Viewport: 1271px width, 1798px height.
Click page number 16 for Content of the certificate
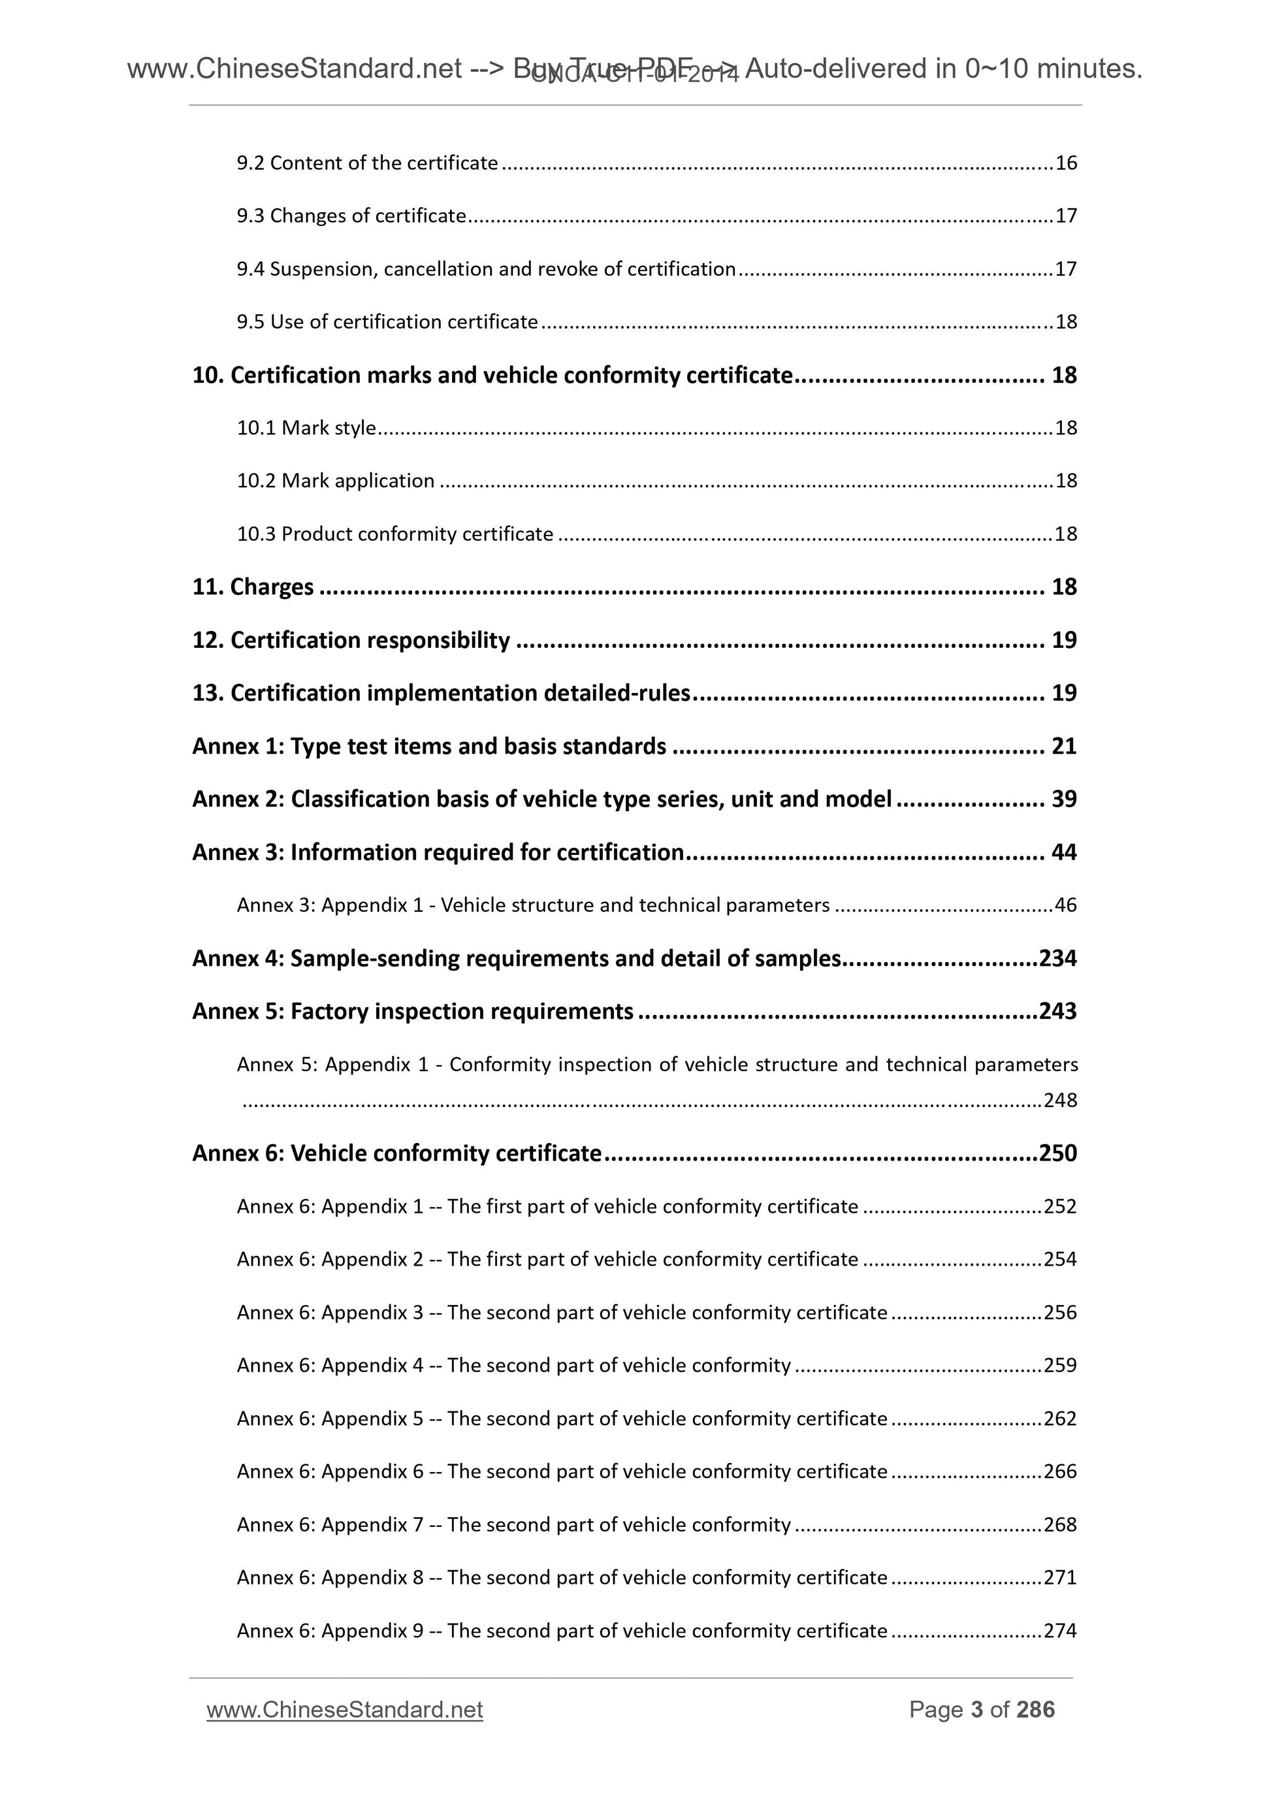[1066, 163]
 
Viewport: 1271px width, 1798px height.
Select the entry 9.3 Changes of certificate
[351, 216]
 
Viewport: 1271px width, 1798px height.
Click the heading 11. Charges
[253, 586]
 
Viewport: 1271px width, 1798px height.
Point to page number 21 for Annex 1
[1063, 746]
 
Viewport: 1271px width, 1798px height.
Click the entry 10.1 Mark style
[306, 428]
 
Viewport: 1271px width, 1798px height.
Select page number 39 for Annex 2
[1063, 799]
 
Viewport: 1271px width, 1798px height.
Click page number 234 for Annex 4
[1057, 959]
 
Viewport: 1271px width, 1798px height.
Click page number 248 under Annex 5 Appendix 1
[1060, 1100]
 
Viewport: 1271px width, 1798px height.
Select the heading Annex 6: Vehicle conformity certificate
[396, 1153]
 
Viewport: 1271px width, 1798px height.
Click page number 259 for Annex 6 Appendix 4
[1060, 1366]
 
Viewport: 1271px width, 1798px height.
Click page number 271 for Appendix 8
[1060, 1578]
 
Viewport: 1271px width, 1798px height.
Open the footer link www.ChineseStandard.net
[345, 1710]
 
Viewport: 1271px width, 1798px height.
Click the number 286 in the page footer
[1035, 1710]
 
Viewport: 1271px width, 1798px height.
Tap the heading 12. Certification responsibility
[351, 641]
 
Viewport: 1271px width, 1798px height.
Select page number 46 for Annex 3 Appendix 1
[1066, 906]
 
